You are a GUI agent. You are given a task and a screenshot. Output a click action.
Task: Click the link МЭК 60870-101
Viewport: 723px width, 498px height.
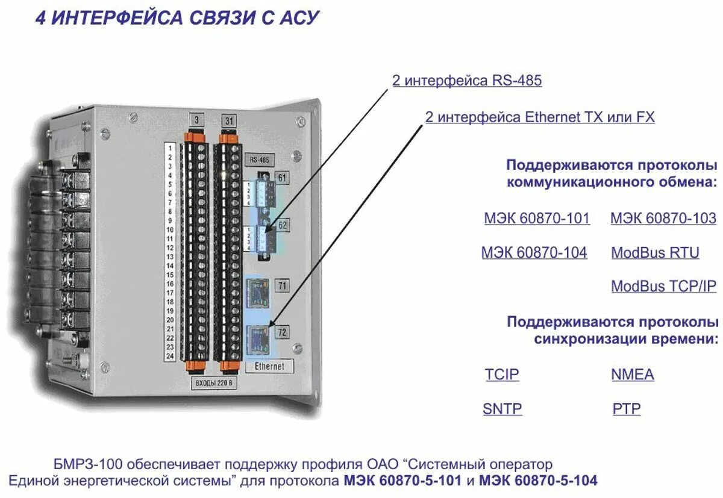pyautogui.click(x=537, y=219)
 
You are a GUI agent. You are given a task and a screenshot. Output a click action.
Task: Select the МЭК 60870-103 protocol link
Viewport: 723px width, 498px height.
pyautogui.click(x=663, y=219)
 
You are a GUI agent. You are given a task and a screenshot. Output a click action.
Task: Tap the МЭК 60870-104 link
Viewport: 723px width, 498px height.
pyautogui.click(x=534, y=253)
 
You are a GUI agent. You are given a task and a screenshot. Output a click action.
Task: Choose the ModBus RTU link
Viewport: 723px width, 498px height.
pyautogui.click(x=655, y=253)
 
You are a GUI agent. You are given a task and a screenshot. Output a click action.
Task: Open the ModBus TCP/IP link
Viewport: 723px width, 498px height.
pyautogui.click(x=663, y=287)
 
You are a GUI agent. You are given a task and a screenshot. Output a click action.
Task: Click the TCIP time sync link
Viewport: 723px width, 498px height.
pyautogui.click(x=502, y=375)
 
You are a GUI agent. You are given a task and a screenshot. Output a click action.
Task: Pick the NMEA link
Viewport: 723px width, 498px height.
pyautogui.click(x=632, y=375)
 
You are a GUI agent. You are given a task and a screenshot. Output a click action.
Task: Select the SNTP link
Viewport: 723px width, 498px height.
pyautogui.click(x=502, y=409)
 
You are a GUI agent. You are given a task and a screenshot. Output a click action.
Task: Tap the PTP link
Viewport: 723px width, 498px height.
pyautogui.click(x=627, y=409)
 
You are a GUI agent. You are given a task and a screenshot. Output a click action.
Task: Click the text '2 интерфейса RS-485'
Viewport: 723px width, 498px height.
pyautogui.click(x=467, y=81)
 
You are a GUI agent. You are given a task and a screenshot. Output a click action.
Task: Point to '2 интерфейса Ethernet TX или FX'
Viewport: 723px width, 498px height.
pyautogui.click(x=540, y=117)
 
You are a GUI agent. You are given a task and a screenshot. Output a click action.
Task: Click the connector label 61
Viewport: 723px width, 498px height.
pyautogui.click(x=281, y=178)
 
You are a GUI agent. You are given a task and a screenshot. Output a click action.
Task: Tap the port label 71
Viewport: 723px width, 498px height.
pyautogui.click(x=281, y=287)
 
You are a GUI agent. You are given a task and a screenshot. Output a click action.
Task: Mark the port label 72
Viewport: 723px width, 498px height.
pyautogui.click(x=281, y=332)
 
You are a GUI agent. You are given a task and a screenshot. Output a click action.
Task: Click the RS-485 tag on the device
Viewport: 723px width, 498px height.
pyautogui.click(x=259, y=160)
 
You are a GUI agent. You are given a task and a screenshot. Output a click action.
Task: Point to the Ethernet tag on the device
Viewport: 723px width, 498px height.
pyautogui.click(x=269, y=366)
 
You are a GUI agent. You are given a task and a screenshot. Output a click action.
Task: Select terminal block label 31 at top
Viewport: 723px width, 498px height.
pyautogui.click(x=229, y=121)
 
